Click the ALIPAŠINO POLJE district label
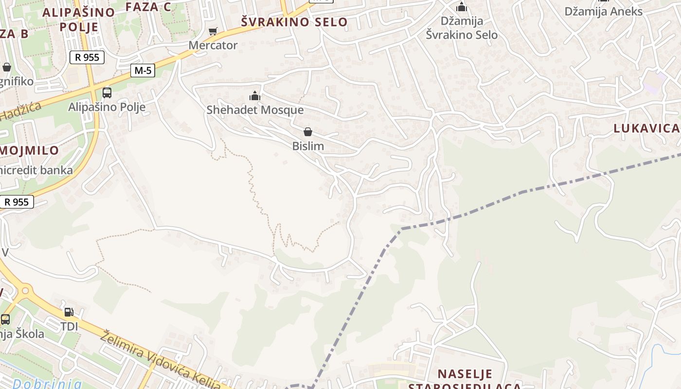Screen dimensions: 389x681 (x=79, y=19)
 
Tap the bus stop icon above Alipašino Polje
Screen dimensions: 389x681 (x=107, y=92)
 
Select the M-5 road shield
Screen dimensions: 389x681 (x=143, y=71)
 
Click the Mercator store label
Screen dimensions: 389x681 (x=213, y=45)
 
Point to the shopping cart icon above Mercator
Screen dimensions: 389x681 (x=213, y=32)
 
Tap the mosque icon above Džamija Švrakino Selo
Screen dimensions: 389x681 (x=462, y=7)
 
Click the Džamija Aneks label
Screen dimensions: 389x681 (x=604, y=11)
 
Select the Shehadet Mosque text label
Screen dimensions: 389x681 (x=255, y=110)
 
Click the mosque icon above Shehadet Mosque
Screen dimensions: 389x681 (x=255, y=96)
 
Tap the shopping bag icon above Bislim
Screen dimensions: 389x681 (x=307, y=132)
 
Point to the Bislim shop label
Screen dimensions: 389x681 (x=308, y=146)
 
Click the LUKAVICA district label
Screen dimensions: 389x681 (x=646, y=128)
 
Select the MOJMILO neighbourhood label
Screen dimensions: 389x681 (x=29, y=150)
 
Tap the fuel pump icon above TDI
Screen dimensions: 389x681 (x=69, y=312)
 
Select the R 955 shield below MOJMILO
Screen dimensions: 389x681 (x=17, y=202)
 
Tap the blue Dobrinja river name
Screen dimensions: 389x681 (x=47, y=383)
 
